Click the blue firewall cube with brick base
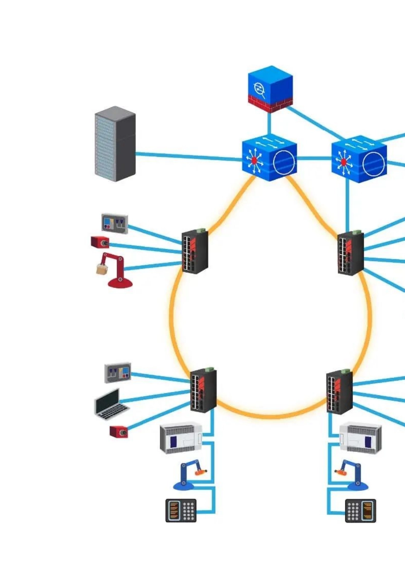pos(270,89)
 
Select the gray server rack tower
pos(115,144)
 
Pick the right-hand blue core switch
pos(359,159)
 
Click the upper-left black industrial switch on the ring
pos(195,251)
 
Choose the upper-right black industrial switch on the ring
pos(350,253)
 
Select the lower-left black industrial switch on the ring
pos(203,390)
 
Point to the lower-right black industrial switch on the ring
pos(339,391)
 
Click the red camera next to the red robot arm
pos(100,242)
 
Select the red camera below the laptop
pos(119,431)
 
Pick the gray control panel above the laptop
pos(118,373)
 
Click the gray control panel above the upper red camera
pos(115,223)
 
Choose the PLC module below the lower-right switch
pos(361,438)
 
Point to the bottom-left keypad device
pos(181,510)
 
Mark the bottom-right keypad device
pos(361,510)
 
